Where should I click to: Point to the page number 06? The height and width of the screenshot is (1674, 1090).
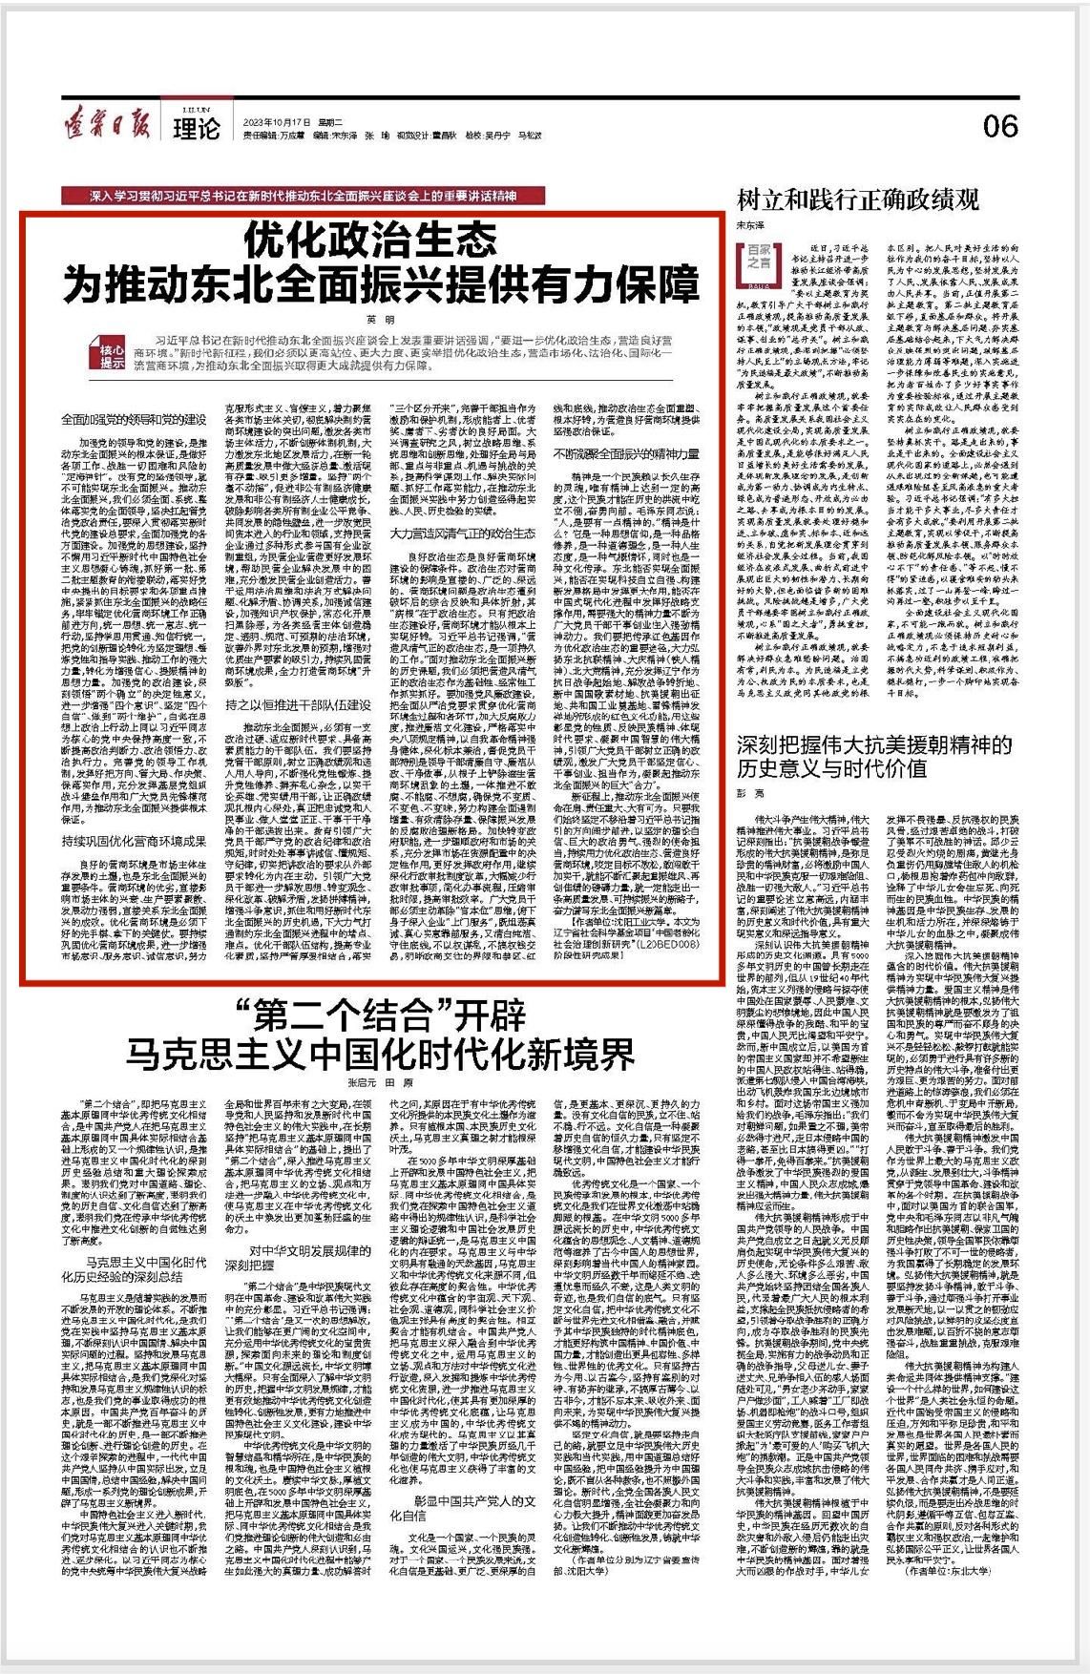pyautogui.click(x=1000, y=125)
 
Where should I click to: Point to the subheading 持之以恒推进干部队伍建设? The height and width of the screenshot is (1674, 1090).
pyautogui.click(x=299, y=704)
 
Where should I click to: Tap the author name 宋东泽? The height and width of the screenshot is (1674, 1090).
pyautogui.click(x=749, y=225)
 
